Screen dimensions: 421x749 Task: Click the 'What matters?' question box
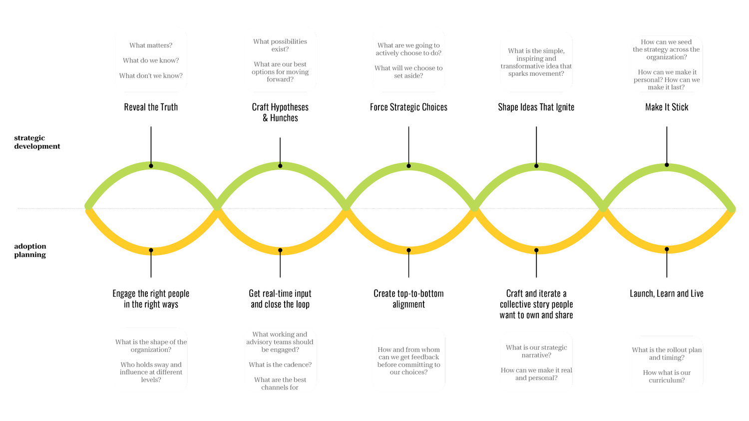coord(151,60)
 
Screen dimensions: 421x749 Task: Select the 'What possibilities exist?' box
coord(280,60)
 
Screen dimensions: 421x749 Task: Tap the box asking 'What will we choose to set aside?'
coord(408,60)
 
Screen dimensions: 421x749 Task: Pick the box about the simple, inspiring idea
coord(536,62)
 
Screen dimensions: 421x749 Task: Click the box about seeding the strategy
coord(667,64)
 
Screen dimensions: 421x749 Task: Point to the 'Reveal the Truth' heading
coord(151,107)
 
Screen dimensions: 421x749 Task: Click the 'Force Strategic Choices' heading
coord(408,107)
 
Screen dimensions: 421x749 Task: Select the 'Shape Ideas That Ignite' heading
coord(536,107)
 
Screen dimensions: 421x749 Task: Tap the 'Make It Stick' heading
coord(667,107)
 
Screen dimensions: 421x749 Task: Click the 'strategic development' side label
coord(36,142)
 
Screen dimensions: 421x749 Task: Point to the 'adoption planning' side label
coord(30,250)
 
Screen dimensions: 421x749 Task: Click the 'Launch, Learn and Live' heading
coord(667,294)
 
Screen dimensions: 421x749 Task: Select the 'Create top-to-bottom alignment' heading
coord(408,299)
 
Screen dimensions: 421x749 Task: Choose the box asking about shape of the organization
coord(151,360)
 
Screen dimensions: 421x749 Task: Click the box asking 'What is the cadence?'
coord(280,360)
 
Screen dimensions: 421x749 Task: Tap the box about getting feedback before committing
coord(408,360)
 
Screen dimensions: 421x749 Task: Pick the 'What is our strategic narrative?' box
coord(536,362)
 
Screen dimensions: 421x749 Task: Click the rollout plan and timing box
coord(667,364)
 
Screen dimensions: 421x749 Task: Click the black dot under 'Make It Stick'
coord(667,165)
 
